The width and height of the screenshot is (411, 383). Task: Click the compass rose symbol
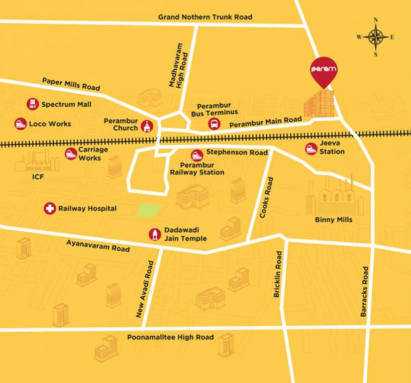pos(376,37)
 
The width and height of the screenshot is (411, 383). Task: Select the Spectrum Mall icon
pos(33,104)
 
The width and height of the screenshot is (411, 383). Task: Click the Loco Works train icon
pos(20,124)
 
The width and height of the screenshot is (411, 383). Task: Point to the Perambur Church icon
pos(146,126)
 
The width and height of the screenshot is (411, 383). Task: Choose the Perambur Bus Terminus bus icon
pos(214,124)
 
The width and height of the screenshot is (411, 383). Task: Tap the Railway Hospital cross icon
pos(49,208)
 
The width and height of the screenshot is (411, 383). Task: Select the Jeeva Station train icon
pos(311,149)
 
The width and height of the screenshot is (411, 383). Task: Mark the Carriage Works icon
pos(71,154)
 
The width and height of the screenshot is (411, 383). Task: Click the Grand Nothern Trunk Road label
pos(205,17)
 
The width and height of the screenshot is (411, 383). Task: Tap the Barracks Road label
pos(364,291)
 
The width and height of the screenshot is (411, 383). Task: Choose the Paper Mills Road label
pos(71,83)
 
